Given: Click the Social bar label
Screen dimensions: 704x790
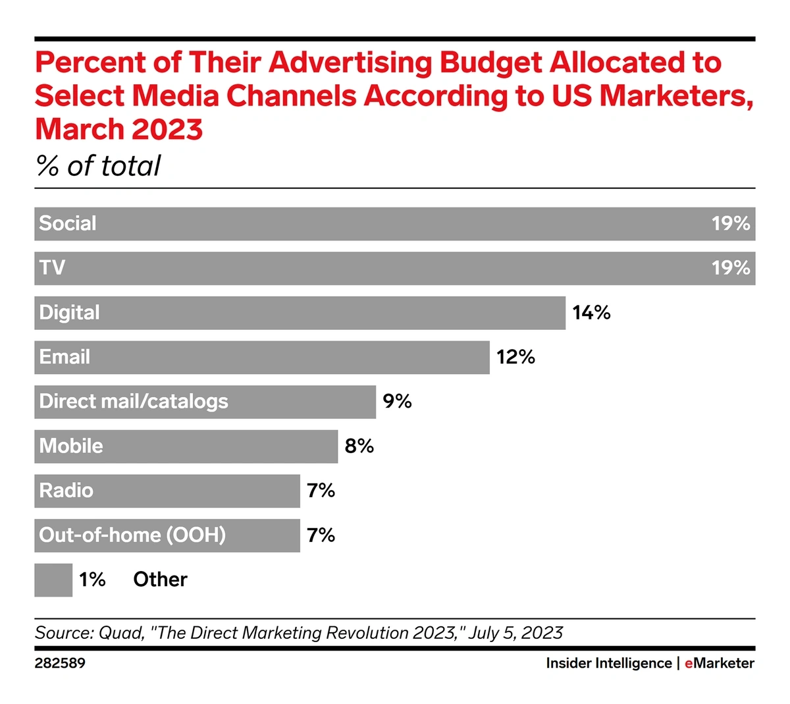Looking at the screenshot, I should click(68, 224).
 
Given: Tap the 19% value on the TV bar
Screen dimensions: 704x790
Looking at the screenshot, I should click(731, 268).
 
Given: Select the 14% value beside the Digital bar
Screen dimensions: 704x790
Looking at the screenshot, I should click(591, 313).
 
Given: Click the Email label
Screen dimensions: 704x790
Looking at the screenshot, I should click(65, 357).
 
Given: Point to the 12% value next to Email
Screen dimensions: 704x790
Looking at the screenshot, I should click(515, 357).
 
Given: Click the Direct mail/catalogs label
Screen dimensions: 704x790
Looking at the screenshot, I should click(134, 402).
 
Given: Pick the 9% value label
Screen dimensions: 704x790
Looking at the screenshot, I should click(397, 402).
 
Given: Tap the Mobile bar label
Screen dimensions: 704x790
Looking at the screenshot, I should click(71, 446).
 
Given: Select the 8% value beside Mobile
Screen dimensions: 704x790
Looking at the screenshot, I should click(359, 446).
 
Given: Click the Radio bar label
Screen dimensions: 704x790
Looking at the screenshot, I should click(66, 491).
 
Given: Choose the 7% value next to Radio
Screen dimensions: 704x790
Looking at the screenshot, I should click(321, 491).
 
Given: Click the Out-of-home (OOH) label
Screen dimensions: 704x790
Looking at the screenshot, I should click(132, 535).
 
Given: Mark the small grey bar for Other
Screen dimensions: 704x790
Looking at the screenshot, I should click(53, 580).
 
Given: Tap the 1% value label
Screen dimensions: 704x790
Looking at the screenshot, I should click(92, 580).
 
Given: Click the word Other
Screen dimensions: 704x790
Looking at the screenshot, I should click(160, 580).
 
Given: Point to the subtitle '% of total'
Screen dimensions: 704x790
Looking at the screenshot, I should click(98, 166).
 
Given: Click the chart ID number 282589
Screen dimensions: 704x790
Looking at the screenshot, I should click(60, 663).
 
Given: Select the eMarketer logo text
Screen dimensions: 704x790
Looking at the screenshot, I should click(720, 663).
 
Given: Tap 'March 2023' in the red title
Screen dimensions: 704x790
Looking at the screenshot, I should click(118, 129).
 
